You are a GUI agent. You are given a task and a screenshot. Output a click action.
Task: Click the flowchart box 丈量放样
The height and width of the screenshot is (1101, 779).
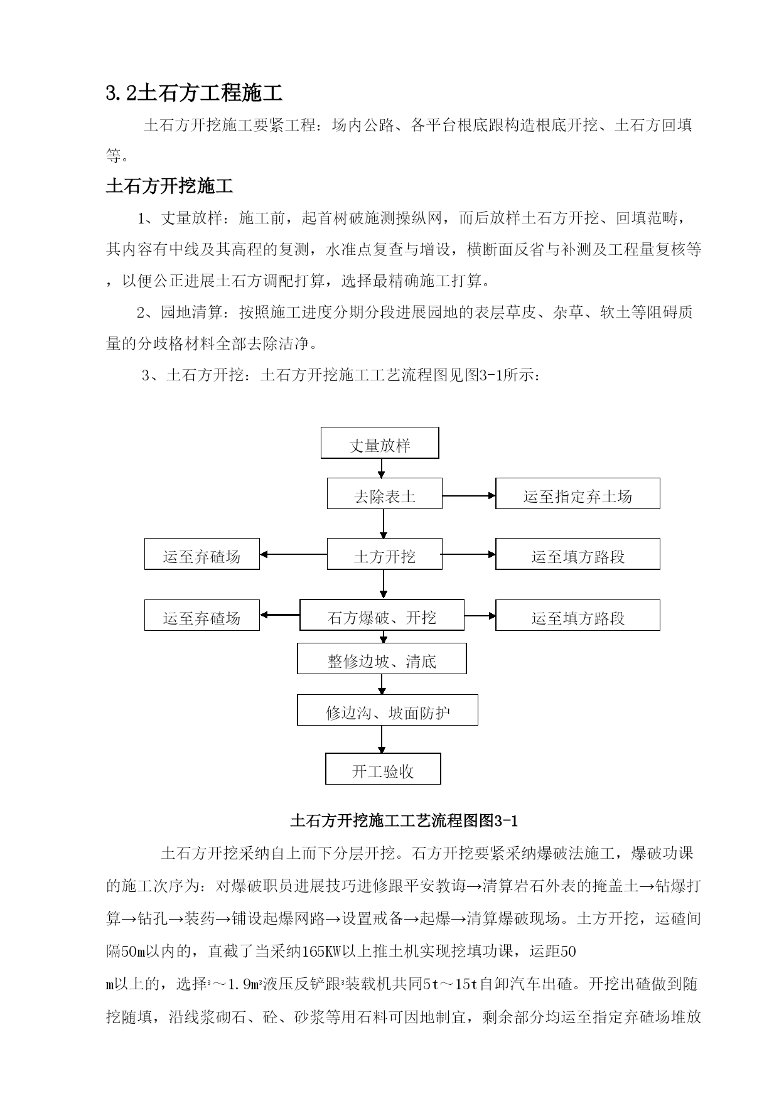click(x=380, y=443)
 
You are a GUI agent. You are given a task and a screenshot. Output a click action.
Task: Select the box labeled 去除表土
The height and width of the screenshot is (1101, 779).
click(x=385, y=493)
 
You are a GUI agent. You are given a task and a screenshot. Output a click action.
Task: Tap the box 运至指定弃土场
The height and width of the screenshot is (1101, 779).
click(x=578, y=493)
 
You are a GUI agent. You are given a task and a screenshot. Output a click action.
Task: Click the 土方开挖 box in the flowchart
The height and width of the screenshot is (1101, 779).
click(x=385, y=554)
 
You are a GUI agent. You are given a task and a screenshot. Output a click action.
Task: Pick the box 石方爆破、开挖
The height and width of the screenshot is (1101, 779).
click(x=382, y=615)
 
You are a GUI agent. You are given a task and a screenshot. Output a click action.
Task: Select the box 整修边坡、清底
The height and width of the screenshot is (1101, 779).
click(x=382, y=658)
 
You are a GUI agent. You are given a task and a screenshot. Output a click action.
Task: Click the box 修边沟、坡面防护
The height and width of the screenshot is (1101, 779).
click(x=387, y=710)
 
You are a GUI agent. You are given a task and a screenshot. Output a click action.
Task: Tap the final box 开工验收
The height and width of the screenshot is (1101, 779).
click(x=383, y=768)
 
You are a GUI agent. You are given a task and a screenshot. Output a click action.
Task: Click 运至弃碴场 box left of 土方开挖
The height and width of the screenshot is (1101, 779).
click(x=202, y=554)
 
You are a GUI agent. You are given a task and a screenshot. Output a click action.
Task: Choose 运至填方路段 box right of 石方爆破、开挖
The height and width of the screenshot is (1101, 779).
click(x=578, y=615)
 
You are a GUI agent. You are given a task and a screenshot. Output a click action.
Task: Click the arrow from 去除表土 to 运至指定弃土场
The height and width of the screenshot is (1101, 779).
click(x=469, y=496)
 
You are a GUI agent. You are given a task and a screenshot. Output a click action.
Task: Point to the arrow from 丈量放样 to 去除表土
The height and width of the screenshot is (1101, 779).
click(x=380, y=468)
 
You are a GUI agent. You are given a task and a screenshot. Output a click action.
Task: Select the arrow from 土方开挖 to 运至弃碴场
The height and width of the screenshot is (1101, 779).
click(x=294, y=554)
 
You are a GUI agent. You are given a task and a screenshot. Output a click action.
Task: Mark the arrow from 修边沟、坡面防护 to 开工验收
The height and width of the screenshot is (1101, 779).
click(x=382, y=739)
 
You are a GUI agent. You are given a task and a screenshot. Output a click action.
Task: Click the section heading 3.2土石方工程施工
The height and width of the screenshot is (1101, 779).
click(x=195, y=93)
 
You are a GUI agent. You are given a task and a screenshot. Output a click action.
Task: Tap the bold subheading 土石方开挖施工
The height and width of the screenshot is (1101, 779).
click(x=169, y=186)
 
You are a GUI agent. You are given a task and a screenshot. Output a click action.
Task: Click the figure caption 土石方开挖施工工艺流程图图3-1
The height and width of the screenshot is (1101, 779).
click(x=404, y=820)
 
